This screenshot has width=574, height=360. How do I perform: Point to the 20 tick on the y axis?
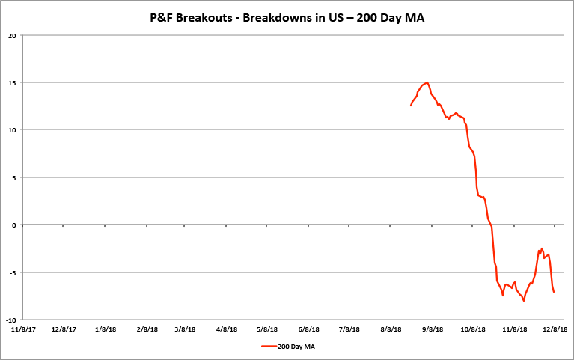coord(12,34)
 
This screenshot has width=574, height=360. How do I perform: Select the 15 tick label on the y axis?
coord(12,82)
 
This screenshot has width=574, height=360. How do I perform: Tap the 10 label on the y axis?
coord(12,129)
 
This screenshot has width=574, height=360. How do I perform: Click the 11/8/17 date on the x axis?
coord(21,329)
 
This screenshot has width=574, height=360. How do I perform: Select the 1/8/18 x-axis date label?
coord(106,329)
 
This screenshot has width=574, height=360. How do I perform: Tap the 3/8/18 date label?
coord(185,329)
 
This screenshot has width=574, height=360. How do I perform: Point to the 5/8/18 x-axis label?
coord(268,329)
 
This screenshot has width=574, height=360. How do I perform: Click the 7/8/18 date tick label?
coord(350,329)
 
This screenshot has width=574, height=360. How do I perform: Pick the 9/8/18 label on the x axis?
coord(434,329)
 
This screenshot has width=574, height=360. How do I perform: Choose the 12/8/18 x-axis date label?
coord(555,329)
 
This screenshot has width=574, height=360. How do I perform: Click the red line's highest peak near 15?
coord(427,82)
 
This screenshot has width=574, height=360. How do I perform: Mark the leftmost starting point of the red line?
coord(411,106)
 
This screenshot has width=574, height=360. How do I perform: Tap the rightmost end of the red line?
coord(554,291)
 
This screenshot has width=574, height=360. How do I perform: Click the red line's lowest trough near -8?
coord(524,300)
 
